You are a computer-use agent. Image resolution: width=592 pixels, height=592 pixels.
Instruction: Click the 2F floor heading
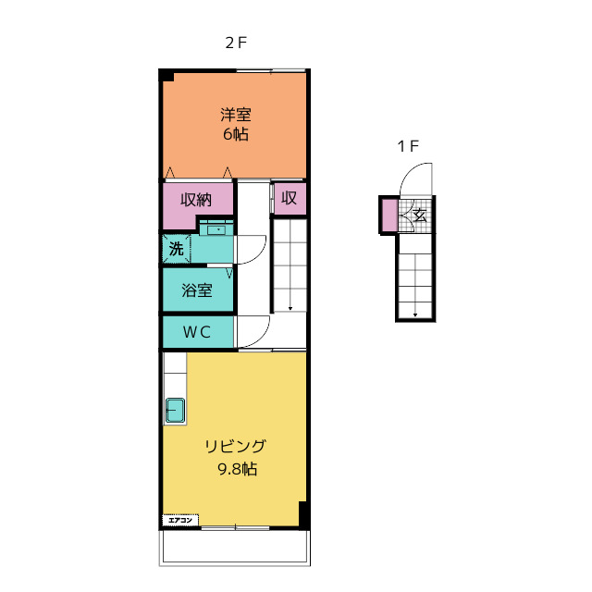click(236, 43)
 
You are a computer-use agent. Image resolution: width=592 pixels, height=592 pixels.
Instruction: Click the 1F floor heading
click(408, 146)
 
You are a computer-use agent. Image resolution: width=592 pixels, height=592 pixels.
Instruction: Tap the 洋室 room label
click(236, 115)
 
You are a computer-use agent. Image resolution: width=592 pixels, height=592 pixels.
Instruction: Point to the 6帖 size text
click(236, 134)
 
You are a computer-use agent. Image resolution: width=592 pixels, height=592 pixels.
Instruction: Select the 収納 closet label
click(196, 200)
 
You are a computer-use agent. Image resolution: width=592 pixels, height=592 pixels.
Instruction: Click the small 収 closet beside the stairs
click(290, 198)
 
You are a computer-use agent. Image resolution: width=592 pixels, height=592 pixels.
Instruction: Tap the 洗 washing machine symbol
click(177, 249)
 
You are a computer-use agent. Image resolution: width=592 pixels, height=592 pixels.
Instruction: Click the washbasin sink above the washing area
click(216, 229)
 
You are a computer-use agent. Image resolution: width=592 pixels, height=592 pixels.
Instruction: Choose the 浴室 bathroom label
click(197, 290)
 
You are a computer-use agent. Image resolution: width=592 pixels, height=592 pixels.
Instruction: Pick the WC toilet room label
click(197, 332)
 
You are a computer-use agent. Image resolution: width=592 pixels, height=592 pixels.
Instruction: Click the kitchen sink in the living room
click(175, 410)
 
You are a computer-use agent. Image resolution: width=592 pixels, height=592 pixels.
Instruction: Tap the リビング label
click(236, 447)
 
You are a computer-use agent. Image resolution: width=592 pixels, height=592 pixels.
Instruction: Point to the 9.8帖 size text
click(238, 469)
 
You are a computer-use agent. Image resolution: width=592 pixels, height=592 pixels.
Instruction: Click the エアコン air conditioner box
click(180, 520)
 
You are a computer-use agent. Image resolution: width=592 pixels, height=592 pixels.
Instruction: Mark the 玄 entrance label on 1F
click(419, 216)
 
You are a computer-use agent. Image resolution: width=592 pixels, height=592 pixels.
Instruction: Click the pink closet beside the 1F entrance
click(389, 216)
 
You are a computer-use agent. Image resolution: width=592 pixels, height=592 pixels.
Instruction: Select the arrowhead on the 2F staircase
click(290, 308)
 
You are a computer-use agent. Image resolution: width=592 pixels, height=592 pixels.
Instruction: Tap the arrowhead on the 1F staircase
click(415, 314)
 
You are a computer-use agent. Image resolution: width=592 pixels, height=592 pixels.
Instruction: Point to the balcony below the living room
click(234, 548)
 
